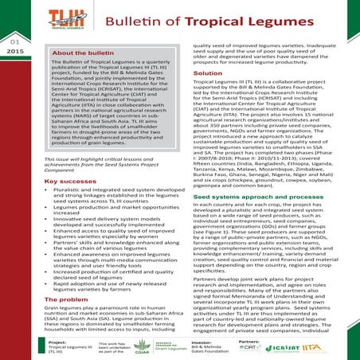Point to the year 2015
point(14,50)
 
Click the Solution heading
point(207,72)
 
